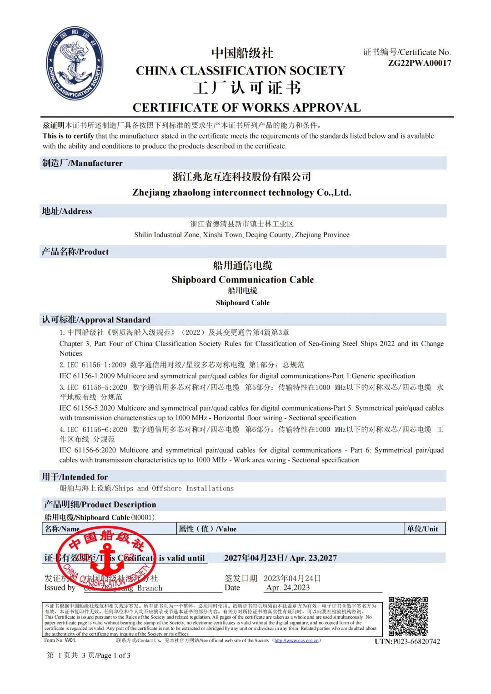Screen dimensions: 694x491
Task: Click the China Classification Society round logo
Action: point(75,64)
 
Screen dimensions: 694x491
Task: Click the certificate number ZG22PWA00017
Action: point(419,63)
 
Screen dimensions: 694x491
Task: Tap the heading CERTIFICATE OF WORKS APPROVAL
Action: point(246,108)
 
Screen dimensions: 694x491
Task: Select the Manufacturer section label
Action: point(82,163)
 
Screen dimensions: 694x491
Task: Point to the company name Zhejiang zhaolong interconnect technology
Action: point(241,193)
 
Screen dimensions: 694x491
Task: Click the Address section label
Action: point(67,211)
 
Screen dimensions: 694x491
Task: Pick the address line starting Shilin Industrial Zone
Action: point(241,235)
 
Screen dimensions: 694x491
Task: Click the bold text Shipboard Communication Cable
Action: point(242,280)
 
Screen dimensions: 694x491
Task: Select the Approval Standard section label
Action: point(96,320)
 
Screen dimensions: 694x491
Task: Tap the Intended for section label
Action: point(75,477)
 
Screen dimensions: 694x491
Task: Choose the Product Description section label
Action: point(100,505)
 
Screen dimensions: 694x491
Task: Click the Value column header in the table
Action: point(207,529)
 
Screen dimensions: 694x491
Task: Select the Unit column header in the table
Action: point(422,529)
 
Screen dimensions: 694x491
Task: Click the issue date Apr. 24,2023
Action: point(288,588)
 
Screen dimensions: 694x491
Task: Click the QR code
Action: point(408,616)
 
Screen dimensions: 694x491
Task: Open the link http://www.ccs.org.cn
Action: point(297,640)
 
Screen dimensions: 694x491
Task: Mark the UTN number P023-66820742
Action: point(407,641)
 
